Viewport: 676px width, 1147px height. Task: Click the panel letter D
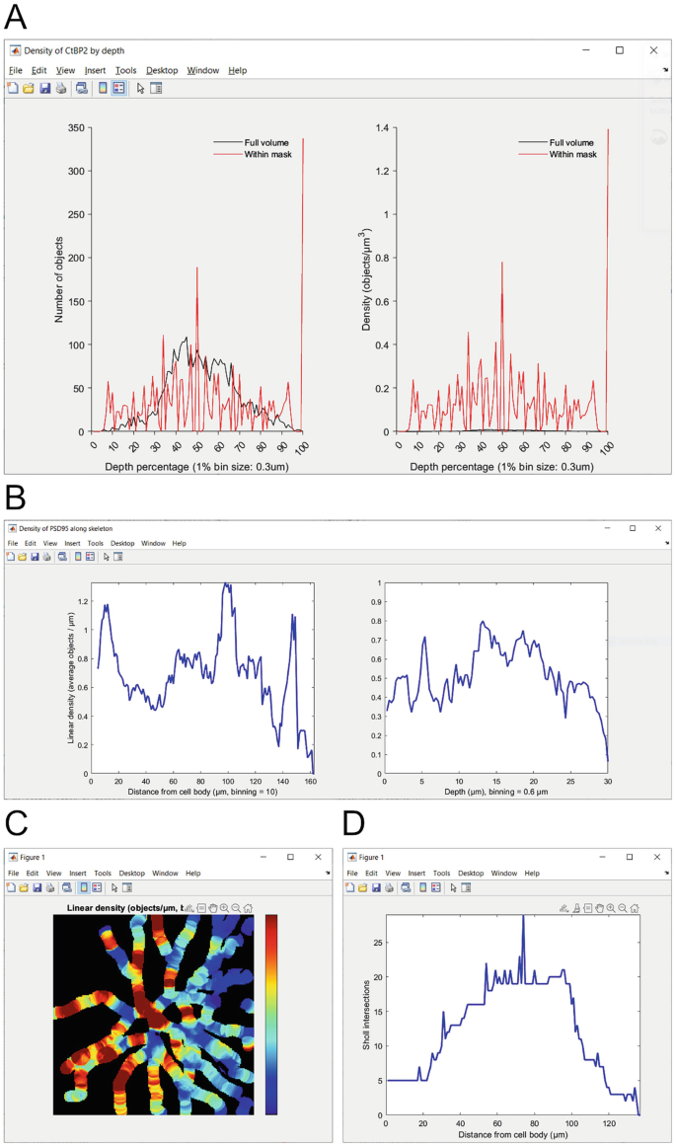pyautogui.click(x=352, y=822)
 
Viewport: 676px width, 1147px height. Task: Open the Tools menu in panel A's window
pyautogui.click(x=125, y=71)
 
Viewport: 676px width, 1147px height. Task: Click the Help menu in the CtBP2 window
pyautogui.click(x=237, y=71)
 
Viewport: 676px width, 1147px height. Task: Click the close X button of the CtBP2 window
pyautogui.click(x=653, y=50)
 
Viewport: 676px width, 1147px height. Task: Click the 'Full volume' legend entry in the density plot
pyautogui.click(x=571, y=143)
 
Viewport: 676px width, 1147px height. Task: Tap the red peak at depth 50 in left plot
pyautogui.click(x=197, y=268)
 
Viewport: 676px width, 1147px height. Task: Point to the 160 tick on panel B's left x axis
pyautogui.click(x=311, y=780)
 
